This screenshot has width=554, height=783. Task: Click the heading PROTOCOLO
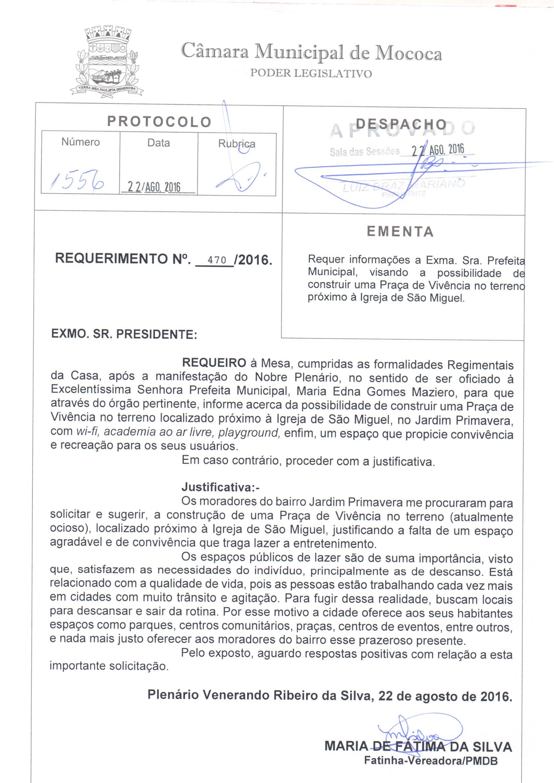point(160,122)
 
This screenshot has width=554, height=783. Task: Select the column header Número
point(80,142)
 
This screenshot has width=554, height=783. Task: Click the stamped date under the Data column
point(154,187)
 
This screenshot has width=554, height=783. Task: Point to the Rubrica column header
point(237,144)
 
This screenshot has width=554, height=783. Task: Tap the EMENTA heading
point(400,231)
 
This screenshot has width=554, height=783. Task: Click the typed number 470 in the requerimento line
point(217,260)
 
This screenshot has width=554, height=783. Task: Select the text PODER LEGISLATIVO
point(311,73)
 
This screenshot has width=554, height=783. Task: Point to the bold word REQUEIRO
point(214,362)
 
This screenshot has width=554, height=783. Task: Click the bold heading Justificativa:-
point(220,487)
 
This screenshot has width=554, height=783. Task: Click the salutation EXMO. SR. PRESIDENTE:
point(124,334)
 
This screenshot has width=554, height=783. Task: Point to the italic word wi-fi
point(88,431)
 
